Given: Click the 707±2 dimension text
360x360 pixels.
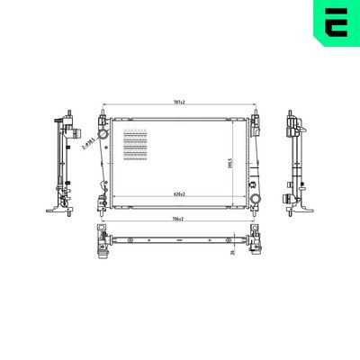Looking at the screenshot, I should pyautogui.click(x=180, y=102).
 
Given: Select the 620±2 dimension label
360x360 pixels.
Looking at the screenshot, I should pyautogui.click(x=180, y=195).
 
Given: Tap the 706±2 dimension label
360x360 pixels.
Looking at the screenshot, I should pyautogui.click(x=180, y=220).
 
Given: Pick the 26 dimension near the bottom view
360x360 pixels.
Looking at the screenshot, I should pyautogui.click(x=232, y=253).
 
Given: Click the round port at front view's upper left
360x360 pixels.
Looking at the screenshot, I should pyautogui.click(x=103, y=134).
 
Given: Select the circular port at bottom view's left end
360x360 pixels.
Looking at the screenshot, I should pyautogui.click(x=103, y=240).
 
